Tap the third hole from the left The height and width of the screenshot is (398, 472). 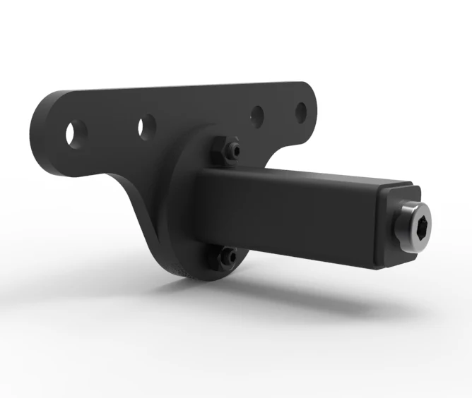(x=258, y=114)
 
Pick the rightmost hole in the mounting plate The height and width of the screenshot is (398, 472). (x=301, y=111)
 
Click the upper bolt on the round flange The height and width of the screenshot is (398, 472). (x=235, y=150)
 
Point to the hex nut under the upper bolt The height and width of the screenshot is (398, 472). (x=220, y=151)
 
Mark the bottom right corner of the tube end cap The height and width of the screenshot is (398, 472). (x=385, y=267)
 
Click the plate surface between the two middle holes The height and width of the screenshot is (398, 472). (x=201, y=120)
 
